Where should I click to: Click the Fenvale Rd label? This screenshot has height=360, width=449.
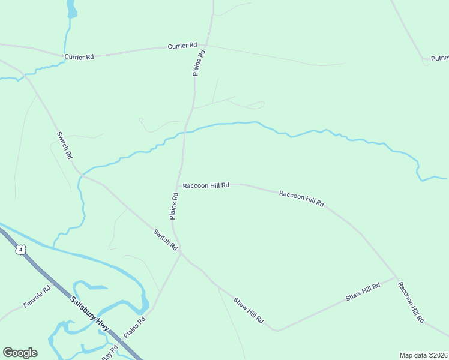click(37, 296)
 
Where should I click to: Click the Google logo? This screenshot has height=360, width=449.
click(20, 353)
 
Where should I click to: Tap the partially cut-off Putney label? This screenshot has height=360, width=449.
click(439, 59)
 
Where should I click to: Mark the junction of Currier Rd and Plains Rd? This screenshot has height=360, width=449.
click(206, 45)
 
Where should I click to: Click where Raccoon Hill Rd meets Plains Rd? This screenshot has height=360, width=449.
click(178, 185)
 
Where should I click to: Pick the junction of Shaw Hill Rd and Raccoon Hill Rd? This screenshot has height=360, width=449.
click(396, 277)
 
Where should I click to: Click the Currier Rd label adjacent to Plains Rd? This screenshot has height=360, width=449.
click(182, 46)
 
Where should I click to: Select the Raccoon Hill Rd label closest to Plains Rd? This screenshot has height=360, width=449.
click(206, 185)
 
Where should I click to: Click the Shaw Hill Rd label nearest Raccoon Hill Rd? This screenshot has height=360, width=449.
click(363, 292)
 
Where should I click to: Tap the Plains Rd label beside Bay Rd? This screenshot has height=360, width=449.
click(134, 328)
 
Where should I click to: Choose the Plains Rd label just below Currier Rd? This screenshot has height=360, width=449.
click(199, 62)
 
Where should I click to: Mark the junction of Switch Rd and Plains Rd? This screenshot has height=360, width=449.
click(181, 253)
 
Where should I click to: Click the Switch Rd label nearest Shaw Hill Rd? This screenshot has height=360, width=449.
click(165, 239)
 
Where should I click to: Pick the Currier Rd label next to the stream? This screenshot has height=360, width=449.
click(79, 57)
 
